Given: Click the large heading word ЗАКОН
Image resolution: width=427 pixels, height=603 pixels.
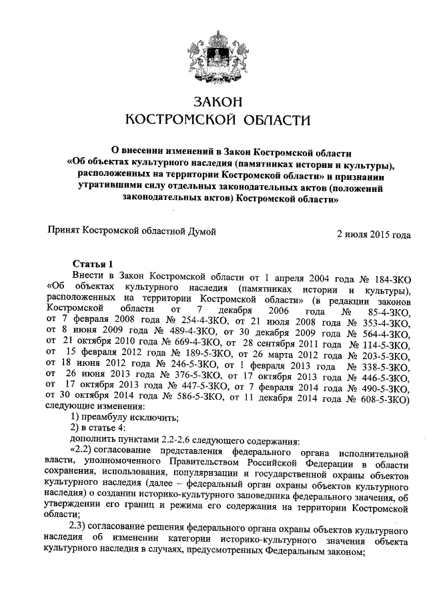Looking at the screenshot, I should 213,102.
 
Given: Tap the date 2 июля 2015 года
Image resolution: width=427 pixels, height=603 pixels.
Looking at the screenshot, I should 374,235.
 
